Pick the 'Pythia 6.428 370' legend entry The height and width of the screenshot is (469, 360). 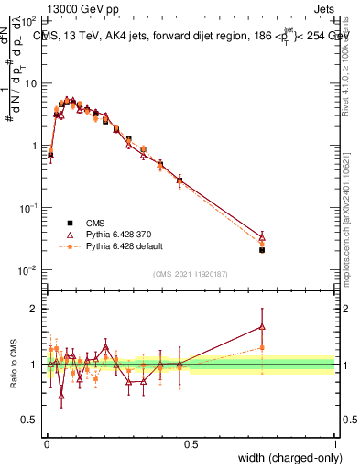click(x=118, y=234)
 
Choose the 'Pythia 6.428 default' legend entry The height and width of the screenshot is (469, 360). click(x=124, y=246)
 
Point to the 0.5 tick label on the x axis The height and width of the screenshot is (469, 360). click(x=191, y=443)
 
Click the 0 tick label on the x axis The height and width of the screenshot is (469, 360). click(x=47, y=443)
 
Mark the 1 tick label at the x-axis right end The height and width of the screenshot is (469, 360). click(x=334, y=443)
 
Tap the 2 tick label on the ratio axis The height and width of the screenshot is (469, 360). click(x=34, y=309)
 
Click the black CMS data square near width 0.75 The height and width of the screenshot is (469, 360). click(x=262, y=249)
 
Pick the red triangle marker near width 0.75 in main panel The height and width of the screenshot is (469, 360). click(x=262, y=236)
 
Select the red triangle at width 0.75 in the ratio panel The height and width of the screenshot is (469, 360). click(x=262, y=325)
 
